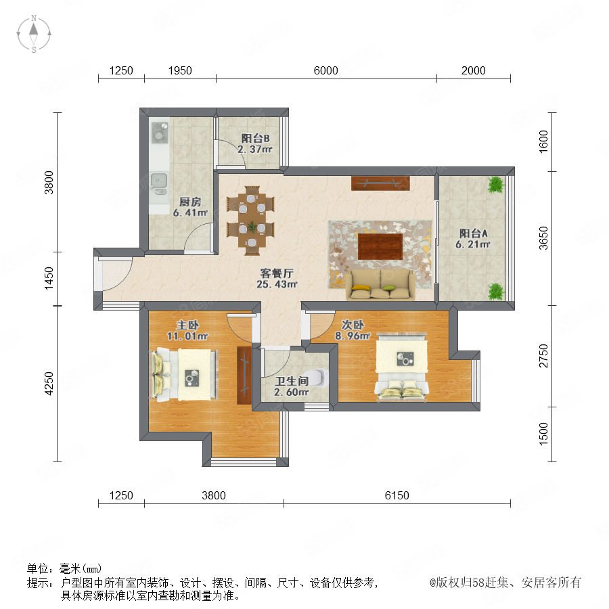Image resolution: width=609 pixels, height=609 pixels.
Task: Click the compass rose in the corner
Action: pyautogui.click(x=34, y=34)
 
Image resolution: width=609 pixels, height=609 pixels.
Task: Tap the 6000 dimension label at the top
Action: pyautogui.click(x=325, y=70)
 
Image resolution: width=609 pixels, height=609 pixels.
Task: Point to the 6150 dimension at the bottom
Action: pyautogui.click(x=397, y=495)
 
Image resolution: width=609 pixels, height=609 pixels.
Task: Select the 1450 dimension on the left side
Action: pyautogui.click(x=49, y=278)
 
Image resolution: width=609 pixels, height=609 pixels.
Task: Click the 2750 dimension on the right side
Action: pyautogui.click(x=543, y=356)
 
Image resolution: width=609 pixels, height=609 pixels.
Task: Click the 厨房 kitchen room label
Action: pyautogui.click(x=190, y=202)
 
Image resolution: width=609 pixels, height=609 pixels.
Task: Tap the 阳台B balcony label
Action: pyautogui.click(x=255, y=138)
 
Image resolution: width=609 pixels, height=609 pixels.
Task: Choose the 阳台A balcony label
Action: pyautogui.click(x=473, y=233)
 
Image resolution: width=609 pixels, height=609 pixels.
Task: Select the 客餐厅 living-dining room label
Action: pyautogui.click(x=277, y=273)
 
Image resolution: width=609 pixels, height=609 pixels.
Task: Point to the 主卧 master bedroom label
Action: pyautogui.click(x=188, y=325)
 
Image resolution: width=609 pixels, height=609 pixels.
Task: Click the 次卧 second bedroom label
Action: pyautogui.click(x=353, y=324)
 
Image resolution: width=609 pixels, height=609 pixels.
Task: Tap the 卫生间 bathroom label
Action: pyautogui.click(x=291, y=381)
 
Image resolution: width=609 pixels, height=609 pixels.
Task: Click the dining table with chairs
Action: pyautogui.click(x=251, y=221)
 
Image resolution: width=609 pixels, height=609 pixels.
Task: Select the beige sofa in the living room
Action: pyautogui.click(x=380, y=286)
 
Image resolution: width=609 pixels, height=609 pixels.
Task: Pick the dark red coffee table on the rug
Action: pyautogui.click(x=380, y=246)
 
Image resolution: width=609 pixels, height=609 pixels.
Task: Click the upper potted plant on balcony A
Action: pyautogui.click(x=496, y=185)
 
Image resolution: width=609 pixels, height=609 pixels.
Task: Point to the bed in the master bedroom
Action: pyautogui.click(x=185, y=374)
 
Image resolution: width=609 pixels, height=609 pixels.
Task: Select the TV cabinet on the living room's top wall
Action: pyautogui.click(x=380, y=183)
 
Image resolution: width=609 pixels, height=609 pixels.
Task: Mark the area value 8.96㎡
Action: pyautogui.click(x=353, y=336)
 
